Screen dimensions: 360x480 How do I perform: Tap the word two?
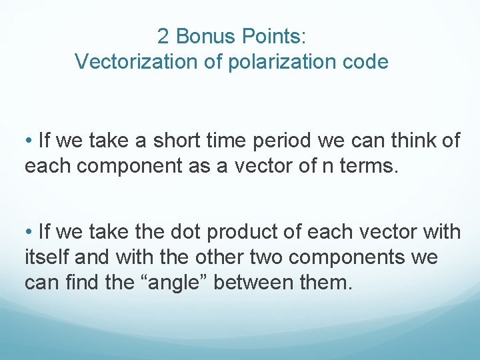point(265,257)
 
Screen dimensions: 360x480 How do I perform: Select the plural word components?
point(351,257)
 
